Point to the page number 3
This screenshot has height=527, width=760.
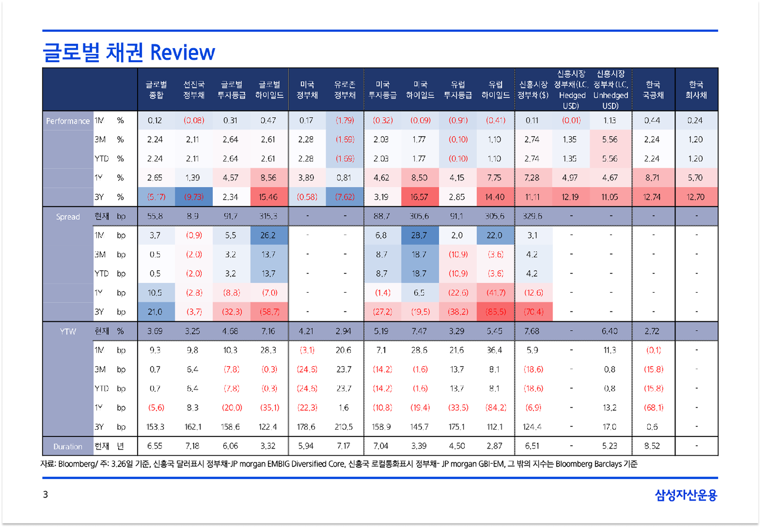click(46, 494)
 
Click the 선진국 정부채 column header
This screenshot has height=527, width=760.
click(194, 90)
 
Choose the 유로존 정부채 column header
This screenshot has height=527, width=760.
click(345, 90)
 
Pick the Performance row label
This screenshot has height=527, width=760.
click(68, 121)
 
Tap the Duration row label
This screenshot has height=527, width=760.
click(68, 446)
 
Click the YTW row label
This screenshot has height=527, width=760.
click(68, 331)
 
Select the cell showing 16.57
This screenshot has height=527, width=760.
click(419, 197)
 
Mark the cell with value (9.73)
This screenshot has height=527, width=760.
click(194, 197)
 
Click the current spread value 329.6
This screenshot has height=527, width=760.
click(532, 216)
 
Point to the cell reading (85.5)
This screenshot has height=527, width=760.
click(496, 312)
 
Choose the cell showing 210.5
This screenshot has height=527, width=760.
click(344, 427)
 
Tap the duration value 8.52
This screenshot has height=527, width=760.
click(652, 446)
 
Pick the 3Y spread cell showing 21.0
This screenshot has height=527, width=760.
click(155, 312)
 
